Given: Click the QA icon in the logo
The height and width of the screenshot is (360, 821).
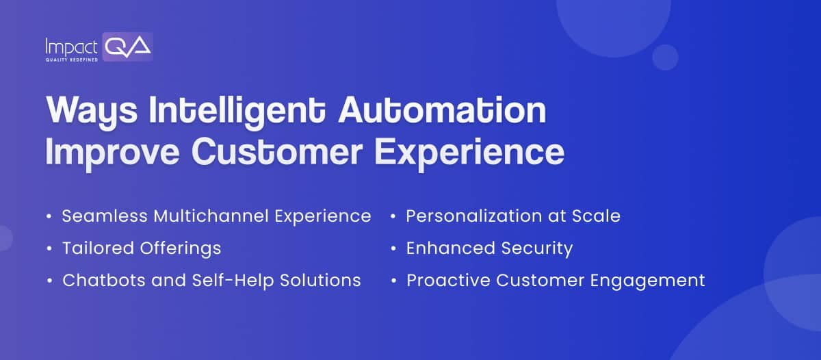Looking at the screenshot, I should click(128, 47).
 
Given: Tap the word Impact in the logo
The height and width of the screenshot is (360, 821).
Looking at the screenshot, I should click(71, 47).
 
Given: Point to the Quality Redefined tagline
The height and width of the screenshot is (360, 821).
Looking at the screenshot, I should click(71, 60).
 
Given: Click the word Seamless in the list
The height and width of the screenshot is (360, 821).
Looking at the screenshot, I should click(105, 216).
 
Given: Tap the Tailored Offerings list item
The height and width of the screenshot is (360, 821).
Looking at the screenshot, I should click(142, 248).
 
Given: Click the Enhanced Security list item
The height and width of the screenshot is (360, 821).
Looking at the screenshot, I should click(489, 248).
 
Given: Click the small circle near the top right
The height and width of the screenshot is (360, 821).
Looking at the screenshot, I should click(665, 57).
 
